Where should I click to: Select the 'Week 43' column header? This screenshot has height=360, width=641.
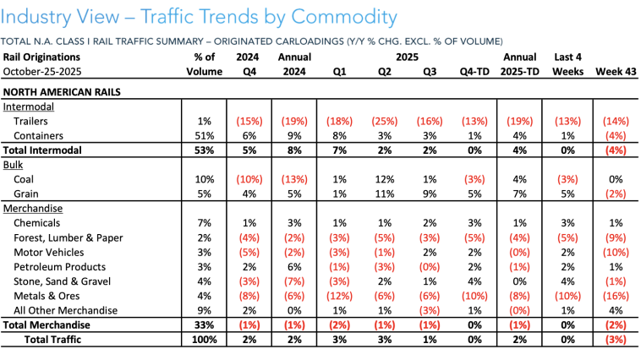[614, 71]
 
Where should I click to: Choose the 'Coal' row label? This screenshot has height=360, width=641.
[26, 179]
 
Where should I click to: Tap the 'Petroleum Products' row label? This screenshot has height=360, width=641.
[61, 266]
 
